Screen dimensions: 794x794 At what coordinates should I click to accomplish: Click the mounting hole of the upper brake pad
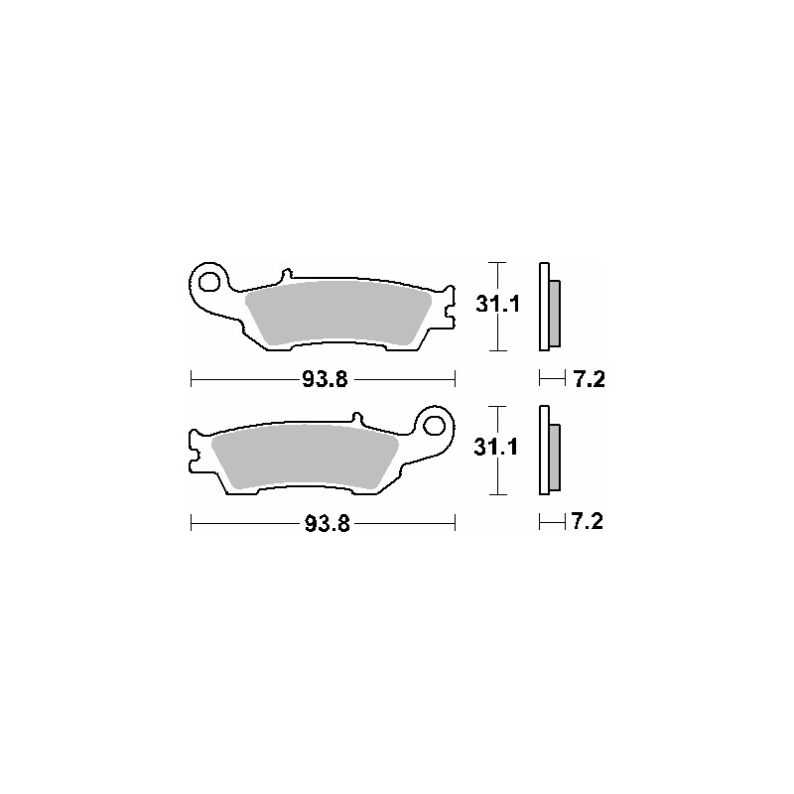(x=208, y=281)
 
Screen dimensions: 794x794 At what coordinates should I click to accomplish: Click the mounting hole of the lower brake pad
(x=434, y=426)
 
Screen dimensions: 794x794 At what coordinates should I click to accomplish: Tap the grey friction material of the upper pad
(x=337, y=313)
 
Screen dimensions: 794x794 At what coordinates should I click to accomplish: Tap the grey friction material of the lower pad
(x=305, y=457)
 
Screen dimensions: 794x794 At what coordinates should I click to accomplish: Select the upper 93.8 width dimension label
(x=326, y=379)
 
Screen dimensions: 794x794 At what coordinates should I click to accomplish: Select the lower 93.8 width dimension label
(x=328, y=524)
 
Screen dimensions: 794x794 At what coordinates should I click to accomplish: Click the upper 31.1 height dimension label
(x=498, y=305)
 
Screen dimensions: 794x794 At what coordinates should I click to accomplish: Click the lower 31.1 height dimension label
(x=495, y=448)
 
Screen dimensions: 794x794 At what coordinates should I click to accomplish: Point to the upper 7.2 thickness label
(x=589, y=379)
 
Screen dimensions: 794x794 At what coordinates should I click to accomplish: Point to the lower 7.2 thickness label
(x=587, y=521)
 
